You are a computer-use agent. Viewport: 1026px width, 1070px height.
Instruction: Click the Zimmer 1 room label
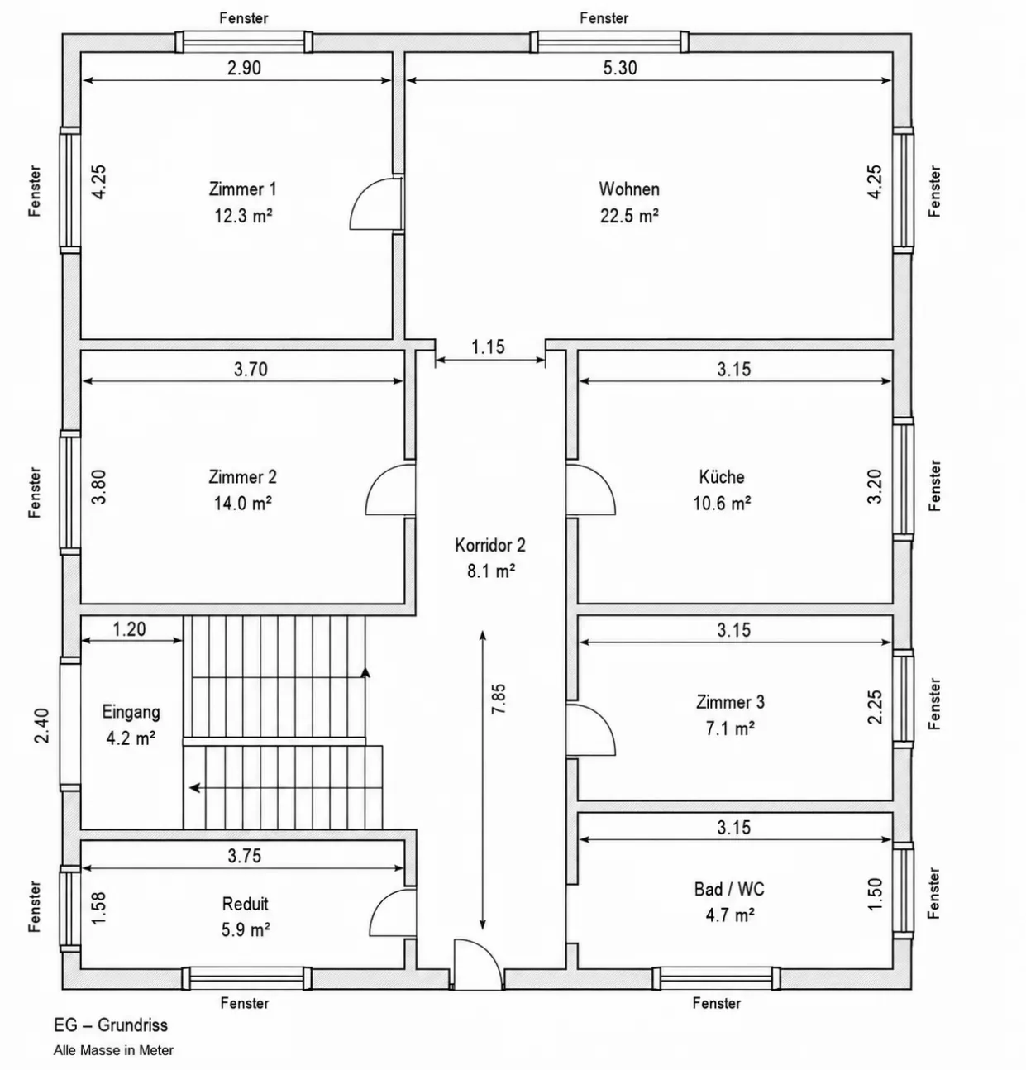coord(242,189)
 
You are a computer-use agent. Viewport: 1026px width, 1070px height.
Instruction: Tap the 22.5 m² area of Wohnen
coord(629,216)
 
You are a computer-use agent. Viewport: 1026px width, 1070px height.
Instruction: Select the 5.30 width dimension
coord(620,68)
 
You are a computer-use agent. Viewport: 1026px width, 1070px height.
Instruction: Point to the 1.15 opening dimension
coord(488,347)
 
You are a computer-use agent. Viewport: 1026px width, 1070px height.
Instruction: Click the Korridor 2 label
coord(490,545)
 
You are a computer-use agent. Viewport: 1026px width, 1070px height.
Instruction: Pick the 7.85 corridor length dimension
coord(499,699)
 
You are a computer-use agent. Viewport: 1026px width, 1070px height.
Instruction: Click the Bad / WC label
coord(729,889)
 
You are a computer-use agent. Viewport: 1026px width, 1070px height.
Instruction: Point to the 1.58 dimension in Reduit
coord(98,908)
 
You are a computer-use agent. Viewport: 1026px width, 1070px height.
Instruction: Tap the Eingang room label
coord(131,712)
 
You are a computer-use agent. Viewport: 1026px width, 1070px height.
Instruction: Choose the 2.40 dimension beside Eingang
coord(42,726)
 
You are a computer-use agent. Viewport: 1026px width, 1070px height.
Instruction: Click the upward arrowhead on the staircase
coord(365,672)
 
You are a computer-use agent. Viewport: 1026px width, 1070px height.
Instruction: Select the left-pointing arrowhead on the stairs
coord(194,788)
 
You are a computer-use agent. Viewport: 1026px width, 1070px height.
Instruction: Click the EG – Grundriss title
coord(111,1025)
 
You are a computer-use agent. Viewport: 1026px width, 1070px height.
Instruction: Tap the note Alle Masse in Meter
coord(113,1050)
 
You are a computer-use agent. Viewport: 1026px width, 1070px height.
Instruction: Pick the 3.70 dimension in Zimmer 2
coord(251,369)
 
